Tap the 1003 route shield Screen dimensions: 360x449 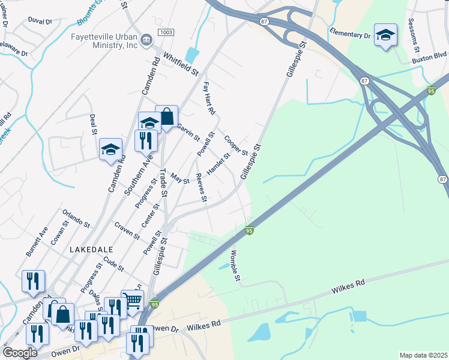pos(166,31)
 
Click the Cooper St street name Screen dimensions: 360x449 pos(236,145)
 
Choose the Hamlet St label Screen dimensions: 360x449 pos(218,164)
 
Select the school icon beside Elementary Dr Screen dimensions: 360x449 pos(385,35)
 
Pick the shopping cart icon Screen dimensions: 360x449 pos(132,300)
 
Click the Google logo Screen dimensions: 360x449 pos(20,353)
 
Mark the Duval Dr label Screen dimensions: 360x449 pos(40,20)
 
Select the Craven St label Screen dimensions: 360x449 pos(127,232)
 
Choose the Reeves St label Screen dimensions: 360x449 pos(202,188)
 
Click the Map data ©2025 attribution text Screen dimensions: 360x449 pos(423,355)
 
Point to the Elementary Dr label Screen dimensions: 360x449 pos(350,33)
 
